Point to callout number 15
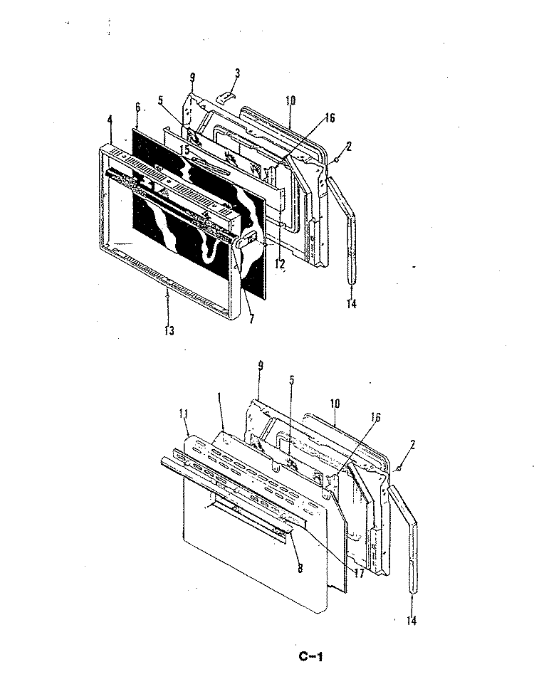(x=184, y=149)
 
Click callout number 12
(x=281, y=263)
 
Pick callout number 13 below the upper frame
(x=168, y=330)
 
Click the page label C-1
(x=313, y=656)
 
